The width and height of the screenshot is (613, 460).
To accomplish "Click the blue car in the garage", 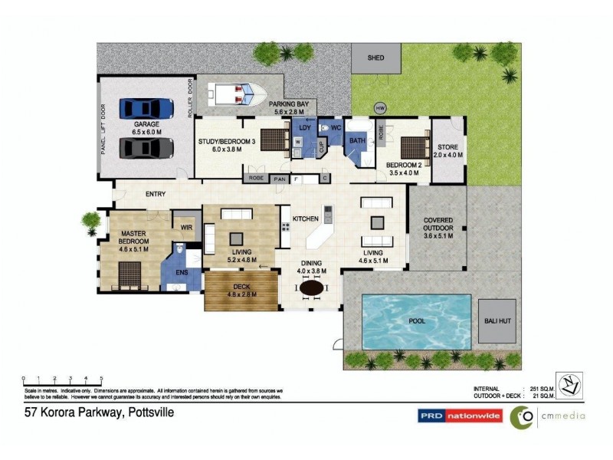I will [146, 108].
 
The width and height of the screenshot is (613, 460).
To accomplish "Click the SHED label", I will [375, 58].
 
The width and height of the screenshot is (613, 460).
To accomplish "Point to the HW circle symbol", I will [379, 107].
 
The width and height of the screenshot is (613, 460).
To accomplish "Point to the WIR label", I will [185, 227].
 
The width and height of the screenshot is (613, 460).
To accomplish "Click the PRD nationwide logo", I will [460, 416].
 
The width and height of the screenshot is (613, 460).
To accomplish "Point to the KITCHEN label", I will [306, 219].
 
